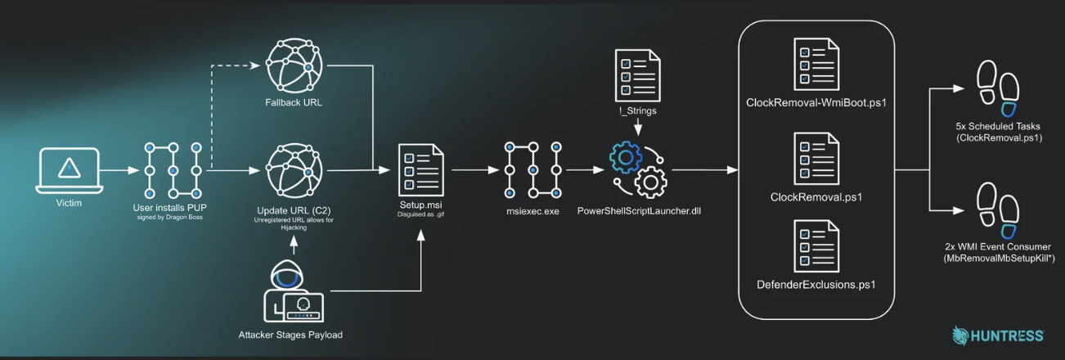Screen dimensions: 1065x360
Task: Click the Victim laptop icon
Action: tap(70, 170)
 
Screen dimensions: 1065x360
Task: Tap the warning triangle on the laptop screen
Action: tap(70, 169)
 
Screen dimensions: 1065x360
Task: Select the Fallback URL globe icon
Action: tap(294, 65)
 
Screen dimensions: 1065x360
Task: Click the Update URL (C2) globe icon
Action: tap(294, 171)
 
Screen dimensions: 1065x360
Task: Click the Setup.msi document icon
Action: tap(421, 170)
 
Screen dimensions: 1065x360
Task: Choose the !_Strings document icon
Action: tap(637, 75)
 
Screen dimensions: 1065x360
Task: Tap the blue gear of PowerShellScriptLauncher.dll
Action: tap(625, 157)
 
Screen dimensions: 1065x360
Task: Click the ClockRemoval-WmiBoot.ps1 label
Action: tap(816, 103)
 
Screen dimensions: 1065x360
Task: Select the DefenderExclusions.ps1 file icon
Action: tap(816, 246)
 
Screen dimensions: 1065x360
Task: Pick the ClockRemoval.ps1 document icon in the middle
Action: tap(816, 159)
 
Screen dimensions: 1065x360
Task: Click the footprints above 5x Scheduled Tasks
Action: tap(998, 88)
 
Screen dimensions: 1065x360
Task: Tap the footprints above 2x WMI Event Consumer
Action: tap(998, 210)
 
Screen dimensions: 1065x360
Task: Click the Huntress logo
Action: tap(997, 335)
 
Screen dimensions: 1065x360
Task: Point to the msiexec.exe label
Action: tap(532, 211)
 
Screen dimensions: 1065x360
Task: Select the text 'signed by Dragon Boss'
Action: tap(170, 218)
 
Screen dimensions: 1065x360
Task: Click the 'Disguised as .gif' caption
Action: tap(420, 214)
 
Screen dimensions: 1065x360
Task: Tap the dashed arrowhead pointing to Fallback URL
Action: tap(255, 65)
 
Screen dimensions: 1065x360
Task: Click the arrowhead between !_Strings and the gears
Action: tap(638, 130)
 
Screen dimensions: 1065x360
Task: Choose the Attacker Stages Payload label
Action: tap(290, 335)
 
